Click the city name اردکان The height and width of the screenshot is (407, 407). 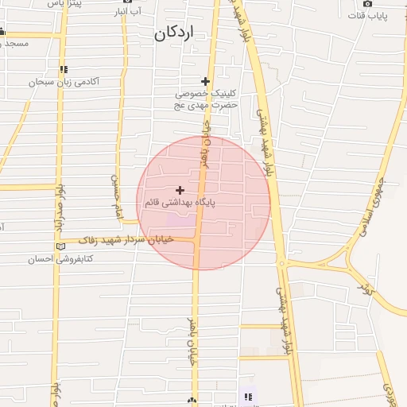tap(176, 34)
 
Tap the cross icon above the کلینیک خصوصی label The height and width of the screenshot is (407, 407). tap(205, 81)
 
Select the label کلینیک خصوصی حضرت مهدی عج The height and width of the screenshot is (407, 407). tap(207, 99)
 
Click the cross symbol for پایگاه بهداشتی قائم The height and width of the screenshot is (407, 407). tap(180, 190)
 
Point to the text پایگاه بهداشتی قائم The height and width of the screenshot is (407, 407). tap(180, 203)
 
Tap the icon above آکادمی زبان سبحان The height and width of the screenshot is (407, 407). tap(64, 69)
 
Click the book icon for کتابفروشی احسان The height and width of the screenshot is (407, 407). tap(60, 246)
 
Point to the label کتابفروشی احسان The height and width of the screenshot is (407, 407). tap(61, 259)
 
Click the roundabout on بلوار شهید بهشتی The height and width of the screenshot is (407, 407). tap(281, 262)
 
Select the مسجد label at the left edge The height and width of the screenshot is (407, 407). tap(14, 43)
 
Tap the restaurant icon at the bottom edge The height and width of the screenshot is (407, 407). tap(249, 396)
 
